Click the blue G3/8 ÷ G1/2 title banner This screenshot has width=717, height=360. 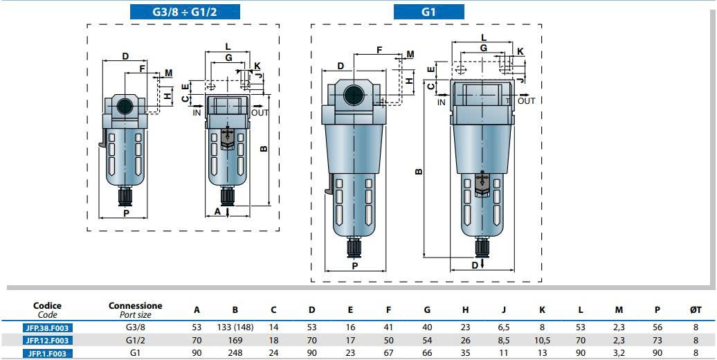click(185, 12)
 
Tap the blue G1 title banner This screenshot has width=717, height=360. click(429, 12)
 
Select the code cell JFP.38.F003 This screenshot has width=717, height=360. click(48, 327)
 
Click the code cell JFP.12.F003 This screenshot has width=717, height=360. click(48, 341)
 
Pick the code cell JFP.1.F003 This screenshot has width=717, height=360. click(48, 353)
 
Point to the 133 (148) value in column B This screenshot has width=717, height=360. click(235, 327)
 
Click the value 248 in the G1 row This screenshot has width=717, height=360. click(235, 353)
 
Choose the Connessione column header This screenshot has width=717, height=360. click(136, 305)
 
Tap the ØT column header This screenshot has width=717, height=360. click(696, 309)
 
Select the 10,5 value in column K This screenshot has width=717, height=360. click(542, 341)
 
